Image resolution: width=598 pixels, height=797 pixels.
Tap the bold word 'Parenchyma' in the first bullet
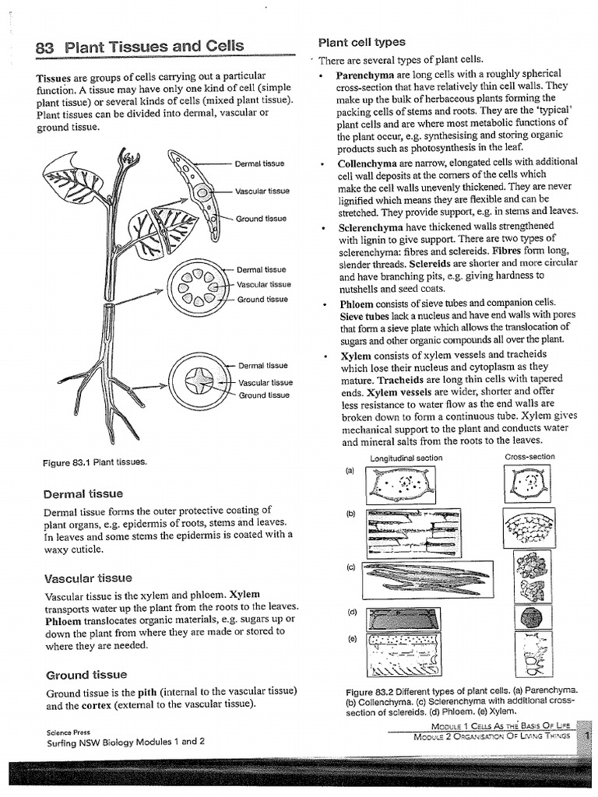pos(366,75)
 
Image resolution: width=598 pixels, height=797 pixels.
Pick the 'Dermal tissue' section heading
pos(83,493)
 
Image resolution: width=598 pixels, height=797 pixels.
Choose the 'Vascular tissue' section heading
pos(88,578)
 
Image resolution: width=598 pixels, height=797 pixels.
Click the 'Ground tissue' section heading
pos(86,674)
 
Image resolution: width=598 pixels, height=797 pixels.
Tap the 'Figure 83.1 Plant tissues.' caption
pos(94,462)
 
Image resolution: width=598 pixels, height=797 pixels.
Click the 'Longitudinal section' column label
pos(406,458)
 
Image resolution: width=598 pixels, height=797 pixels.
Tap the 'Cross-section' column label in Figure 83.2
pos(529,457)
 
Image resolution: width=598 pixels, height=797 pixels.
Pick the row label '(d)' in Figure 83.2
pos(352,612)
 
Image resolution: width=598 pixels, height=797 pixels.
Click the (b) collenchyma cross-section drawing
pos(530,532)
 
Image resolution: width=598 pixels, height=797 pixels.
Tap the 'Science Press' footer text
pos(68,732)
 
